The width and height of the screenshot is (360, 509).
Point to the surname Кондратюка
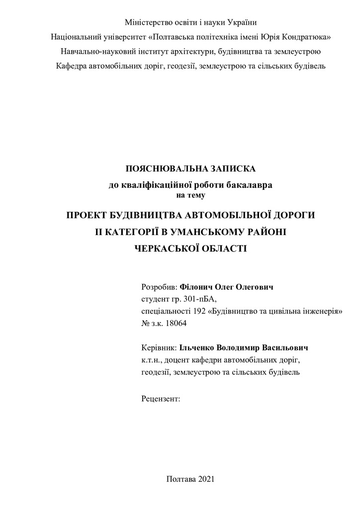(x=305, y=37)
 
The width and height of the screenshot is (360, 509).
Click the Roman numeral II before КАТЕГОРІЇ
(x=99, y=232)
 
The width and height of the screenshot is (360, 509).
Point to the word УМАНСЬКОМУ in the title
(x=211, y=232)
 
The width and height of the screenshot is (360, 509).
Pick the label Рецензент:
(x=161, y=398)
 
